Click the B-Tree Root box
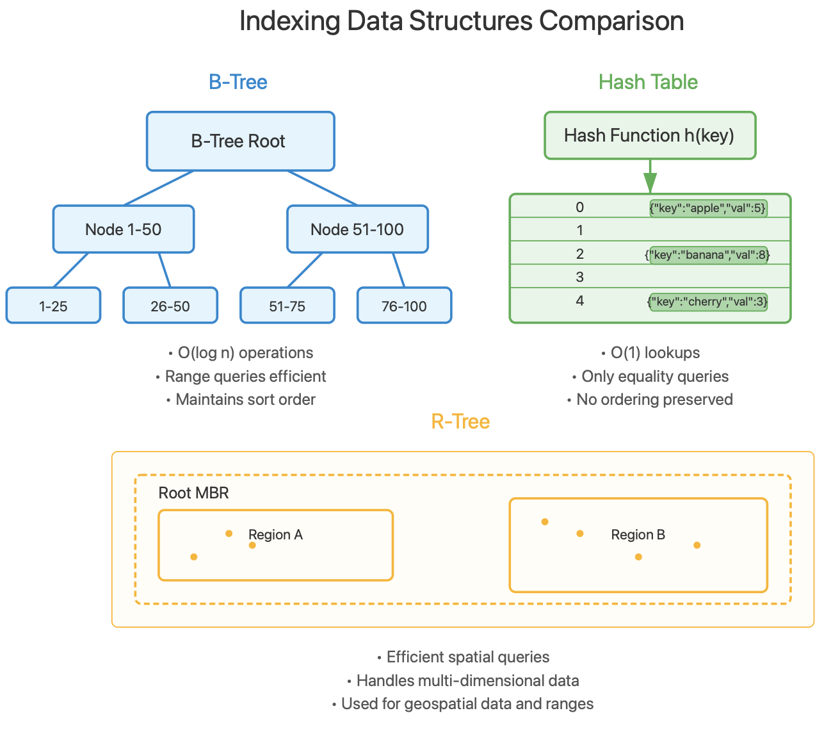click(x=240, y=142)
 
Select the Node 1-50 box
click(x=124, y=229)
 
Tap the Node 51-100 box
click(x=357, y=229)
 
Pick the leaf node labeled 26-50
click(x=170, y=306)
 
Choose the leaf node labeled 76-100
click(x=404, y=306)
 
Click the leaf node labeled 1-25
click(x=53, y=306)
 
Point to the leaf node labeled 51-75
click(x=287, y=306)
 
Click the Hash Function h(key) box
click(x=650, y=135)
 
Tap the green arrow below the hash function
click(x=650, y=176)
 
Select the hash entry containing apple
click(x=707, y=208)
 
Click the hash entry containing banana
click(x=707, y=255)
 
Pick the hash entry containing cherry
click(x=707, y=302)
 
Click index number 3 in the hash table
click(x=580, y=277)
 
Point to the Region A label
click(x=275, y=535)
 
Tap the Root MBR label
click(x=193, y=493)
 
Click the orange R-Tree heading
click(x=460, y=422)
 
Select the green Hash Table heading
click(x=648, y=82)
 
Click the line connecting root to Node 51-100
click(x=322, y=188)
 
